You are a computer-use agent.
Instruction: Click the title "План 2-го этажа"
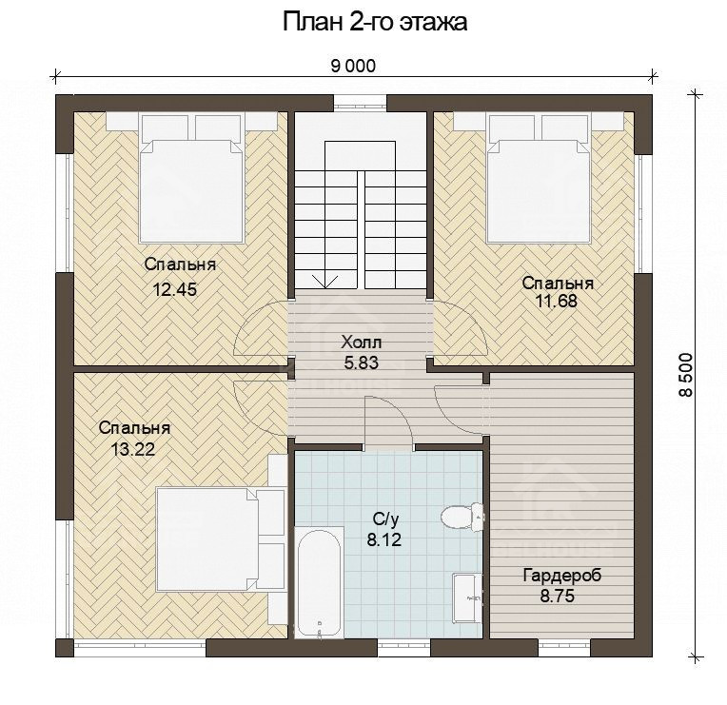coord(375,22)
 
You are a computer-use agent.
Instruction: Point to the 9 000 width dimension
coord(353,67)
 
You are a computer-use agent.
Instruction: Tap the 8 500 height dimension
coord(685,375)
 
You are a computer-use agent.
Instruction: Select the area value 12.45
coord(175,289)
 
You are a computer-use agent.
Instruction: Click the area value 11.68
coord(557,302)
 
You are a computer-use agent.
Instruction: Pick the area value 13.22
coord(132,449)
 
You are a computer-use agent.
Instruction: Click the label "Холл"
coord(362,343)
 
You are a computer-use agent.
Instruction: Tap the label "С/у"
coord(385,520)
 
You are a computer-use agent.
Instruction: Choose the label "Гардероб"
coord(562,576)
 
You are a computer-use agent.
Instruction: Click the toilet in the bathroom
coord(462,517)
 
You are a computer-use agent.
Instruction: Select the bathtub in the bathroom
coord(320,583)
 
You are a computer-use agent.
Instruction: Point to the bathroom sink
coord(468,597)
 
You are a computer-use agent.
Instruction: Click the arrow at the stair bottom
coord(325,281)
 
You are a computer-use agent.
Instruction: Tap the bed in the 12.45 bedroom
coord(191,179)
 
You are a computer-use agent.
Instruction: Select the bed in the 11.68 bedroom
coord(539,179)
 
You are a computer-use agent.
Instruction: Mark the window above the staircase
coord(361,103)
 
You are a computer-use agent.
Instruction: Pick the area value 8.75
coord(557,596)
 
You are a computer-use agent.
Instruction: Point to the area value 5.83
coord(362,362)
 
